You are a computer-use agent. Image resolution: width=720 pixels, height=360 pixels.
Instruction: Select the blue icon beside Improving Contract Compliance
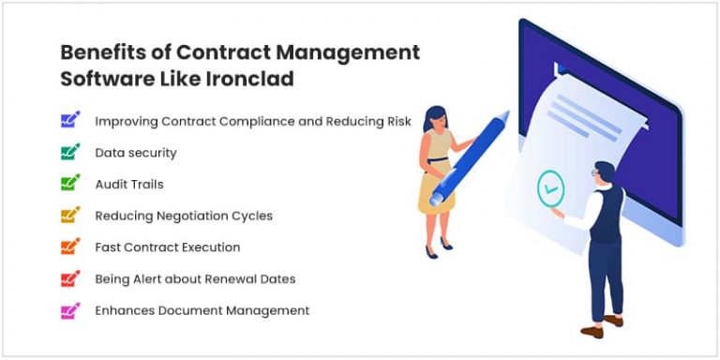pyautogui.click(x=70, y=121)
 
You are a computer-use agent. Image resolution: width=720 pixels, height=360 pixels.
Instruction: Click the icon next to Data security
pyautogui.click(x=70, y=152)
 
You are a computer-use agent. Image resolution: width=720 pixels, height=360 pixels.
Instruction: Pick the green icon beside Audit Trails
pyautogui.click(x=70, y=184)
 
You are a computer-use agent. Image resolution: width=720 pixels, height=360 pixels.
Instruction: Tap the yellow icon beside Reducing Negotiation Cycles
pyautogui.click(x=70, y=216)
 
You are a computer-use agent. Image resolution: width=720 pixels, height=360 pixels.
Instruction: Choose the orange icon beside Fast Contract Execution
pyautogui.click(x=70, y=247)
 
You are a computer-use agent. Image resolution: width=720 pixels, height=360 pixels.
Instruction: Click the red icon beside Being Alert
pyautogui.click(x=70, y=278)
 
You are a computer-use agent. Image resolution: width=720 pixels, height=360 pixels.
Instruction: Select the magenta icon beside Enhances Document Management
pyautogui.click(x=70, y=310)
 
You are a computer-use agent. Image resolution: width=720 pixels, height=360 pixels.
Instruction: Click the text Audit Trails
pyautogui.click(x=129, y=184)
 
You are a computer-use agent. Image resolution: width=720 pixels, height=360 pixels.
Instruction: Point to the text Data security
pyautogui.click(x=136, y=152)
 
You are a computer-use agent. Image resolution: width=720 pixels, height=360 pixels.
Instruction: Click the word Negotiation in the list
pyautogui.click(x=192, y=216)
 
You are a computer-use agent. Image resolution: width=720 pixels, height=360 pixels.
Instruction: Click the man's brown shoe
pyautogui.click(x=592, y=329)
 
